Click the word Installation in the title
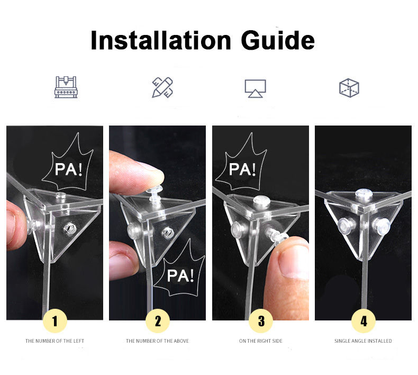pyautogui.click(x=161, y=40)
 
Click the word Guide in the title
pyautogui.click(x=278, y=40)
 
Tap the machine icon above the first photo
pyautogui.click(x=66, y=87)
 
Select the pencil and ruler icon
pyautogui.click(x=162, y=87)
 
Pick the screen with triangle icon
pyautogui.click(x=256, y=88)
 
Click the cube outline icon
pyautogui.click(x=349, y=88)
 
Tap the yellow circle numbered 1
pyautogui.click(x=55, y=321)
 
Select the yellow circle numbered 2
pyautogui.click(x=158, y=321)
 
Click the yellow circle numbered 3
pyautogui.click(x=261, y=321)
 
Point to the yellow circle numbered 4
pyautogui.click(x=364, y=321)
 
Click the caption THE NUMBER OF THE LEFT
pyautogui.click(x=54, y=341)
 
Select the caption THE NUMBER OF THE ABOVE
pyautogui.click(x=157, y=341)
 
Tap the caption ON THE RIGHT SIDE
pyautogui.click(x=261, y=341)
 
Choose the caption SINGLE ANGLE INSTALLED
pyautogui.click(x=363, y=341)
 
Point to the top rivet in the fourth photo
pyautogui.click(x=364, y=193)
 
